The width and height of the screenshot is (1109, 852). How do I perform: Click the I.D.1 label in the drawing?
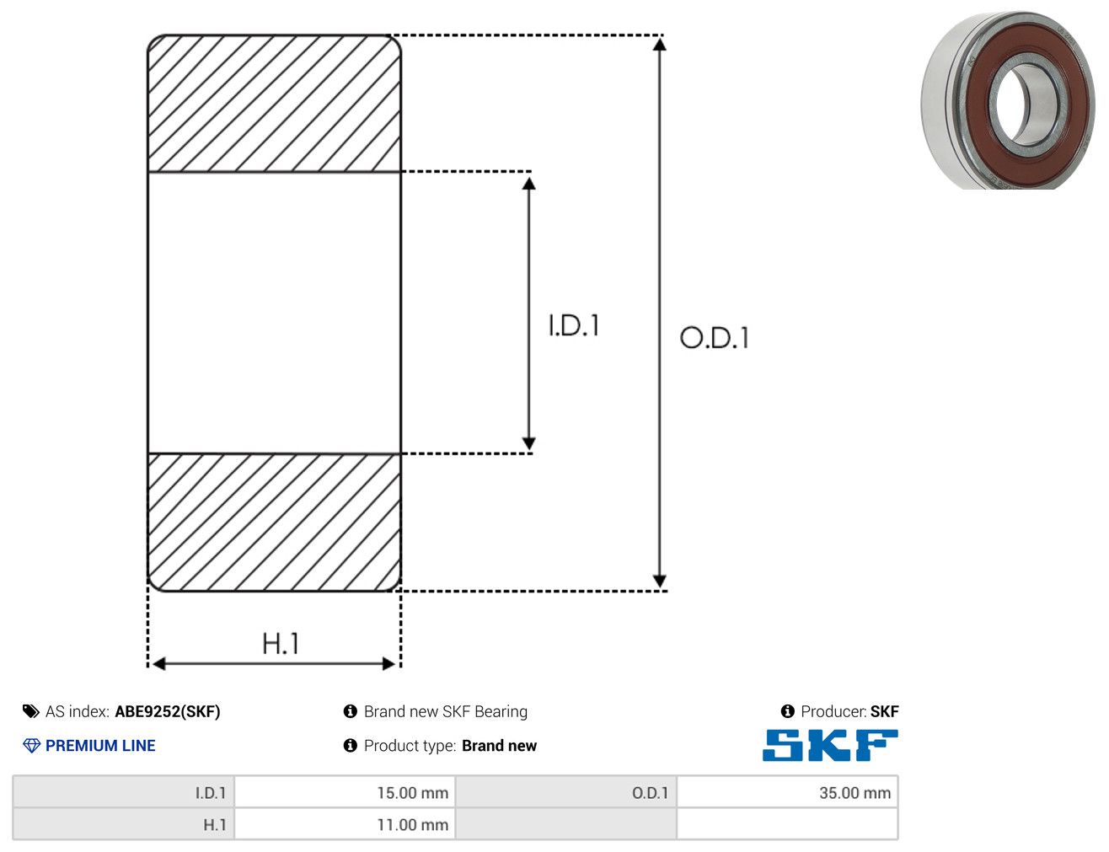(x=574, y=325)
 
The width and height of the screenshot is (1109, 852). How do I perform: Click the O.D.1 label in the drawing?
(x=714, y=338)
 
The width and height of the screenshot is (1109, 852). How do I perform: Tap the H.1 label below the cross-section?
(x=280, y=643)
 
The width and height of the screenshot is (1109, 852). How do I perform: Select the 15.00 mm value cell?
(x=345, y=792)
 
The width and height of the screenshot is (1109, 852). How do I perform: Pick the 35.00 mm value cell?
(x=787, y=792)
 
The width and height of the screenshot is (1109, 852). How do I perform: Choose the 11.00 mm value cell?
(x=345, y=824)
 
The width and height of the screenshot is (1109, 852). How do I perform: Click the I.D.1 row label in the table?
(x=211, y=793)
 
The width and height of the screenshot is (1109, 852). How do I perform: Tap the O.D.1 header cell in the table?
(x=650, y=793)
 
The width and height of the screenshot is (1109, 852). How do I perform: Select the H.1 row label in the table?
(x=214, y=824)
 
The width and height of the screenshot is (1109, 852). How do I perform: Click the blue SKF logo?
(x=830, y=745)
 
